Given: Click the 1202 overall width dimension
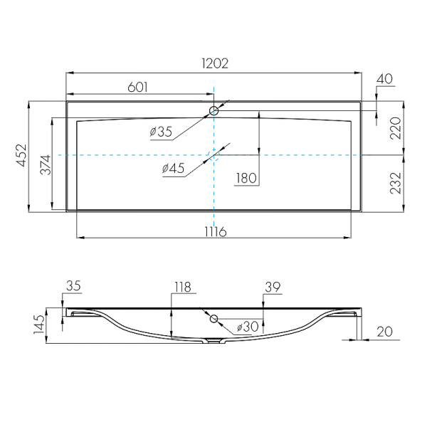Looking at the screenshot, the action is coord(215,63).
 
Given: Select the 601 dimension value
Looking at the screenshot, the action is coord(137,87).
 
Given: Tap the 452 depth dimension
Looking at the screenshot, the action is coord(21,155).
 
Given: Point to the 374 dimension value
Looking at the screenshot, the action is coord(46,164).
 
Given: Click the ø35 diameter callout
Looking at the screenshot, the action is coord(161,132).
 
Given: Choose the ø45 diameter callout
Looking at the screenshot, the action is coord(173,168).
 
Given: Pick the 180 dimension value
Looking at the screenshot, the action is coord(246,178).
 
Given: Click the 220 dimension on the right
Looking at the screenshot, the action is coord(396,128).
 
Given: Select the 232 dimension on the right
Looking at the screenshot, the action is coord(396,183).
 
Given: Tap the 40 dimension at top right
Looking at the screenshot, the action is coord(384,79).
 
